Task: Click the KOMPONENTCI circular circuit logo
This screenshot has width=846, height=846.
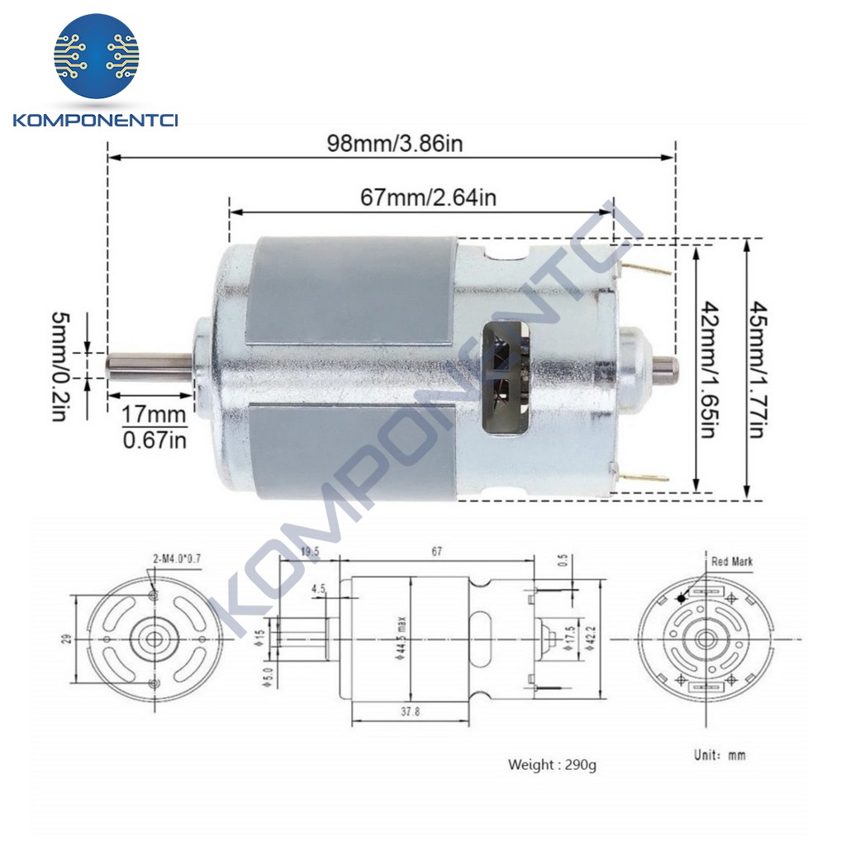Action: pos(96,56)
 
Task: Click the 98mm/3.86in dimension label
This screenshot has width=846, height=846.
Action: pos(394,143)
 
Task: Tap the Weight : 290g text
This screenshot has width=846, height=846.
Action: pos(551,764)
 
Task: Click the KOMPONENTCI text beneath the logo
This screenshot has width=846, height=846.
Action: pos(96,121)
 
